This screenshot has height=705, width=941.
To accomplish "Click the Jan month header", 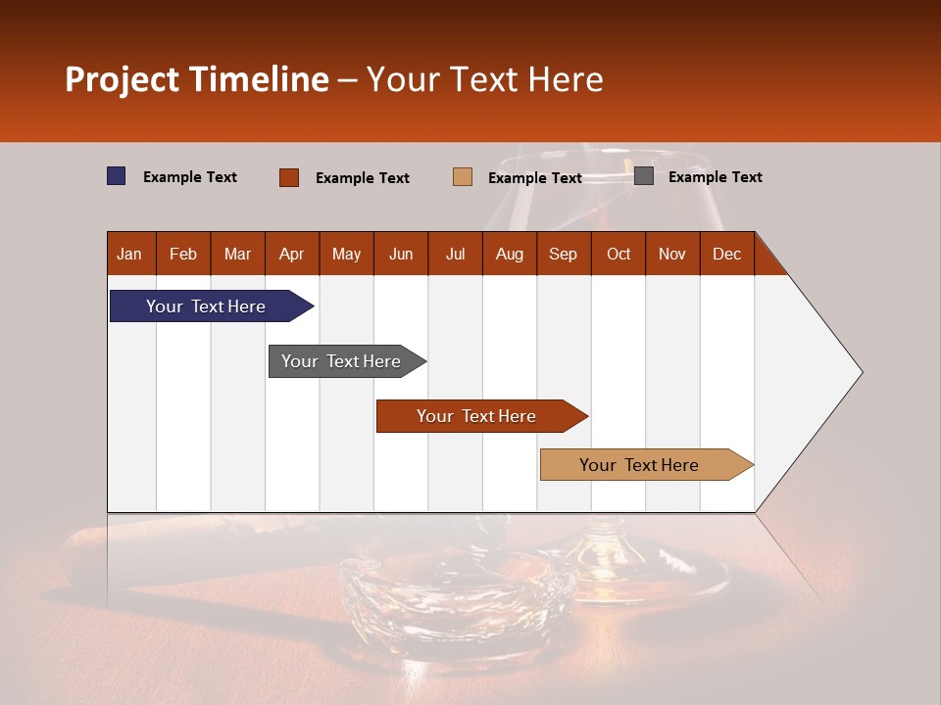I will coord(129,255).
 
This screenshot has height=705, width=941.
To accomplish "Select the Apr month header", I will coord(291,255).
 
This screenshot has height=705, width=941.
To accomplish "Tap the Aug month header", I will coord(509,255).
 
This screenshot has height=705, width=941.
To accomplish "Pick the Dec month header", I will coord(726,255).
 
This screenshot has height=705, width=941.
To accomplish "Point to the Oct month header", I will coord(619,255).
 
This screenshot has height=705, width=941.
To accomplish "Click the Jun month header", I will coord(400,255).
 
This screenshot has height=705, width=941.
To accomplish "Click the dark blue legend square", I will coord(117,176).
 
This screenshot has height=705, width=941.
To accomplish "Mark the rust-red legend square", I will coord(289,177).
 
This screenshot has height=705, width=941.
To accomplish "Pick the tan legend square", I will coord(463,177).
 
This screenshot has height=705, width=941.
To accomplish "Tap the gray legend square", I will coord(644,176).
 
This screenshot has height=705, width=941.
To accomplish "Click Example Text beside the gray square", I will coord(715,177).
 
